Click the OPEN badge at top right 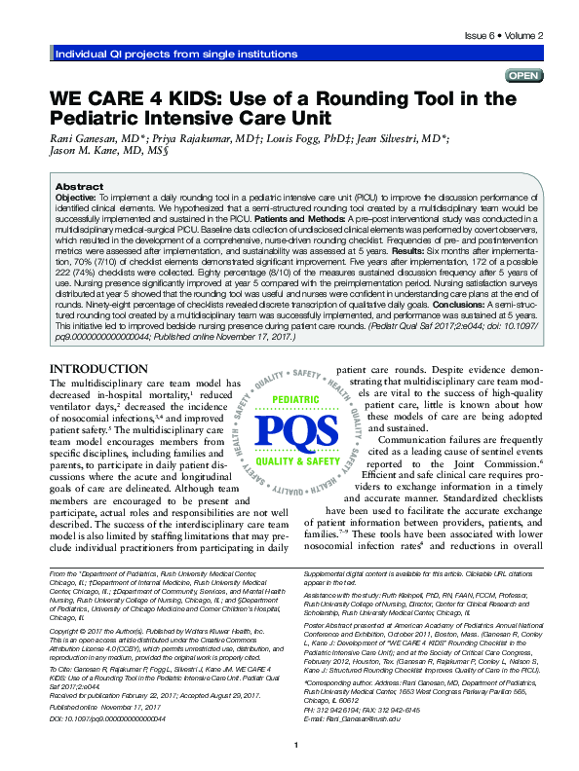524,75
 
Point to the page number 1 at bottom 293,745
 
